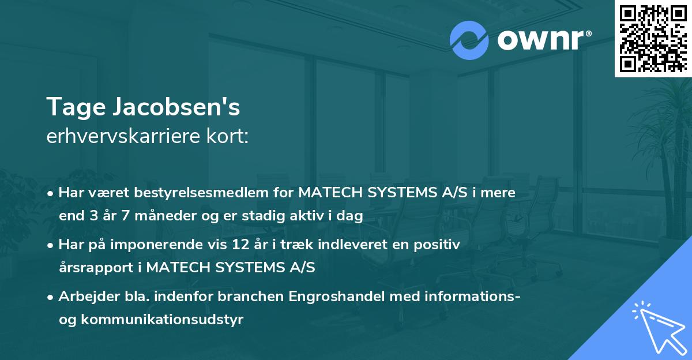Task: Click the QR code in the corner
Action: pos(653,39)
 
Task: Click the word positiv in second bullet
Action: pos(439,245)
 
